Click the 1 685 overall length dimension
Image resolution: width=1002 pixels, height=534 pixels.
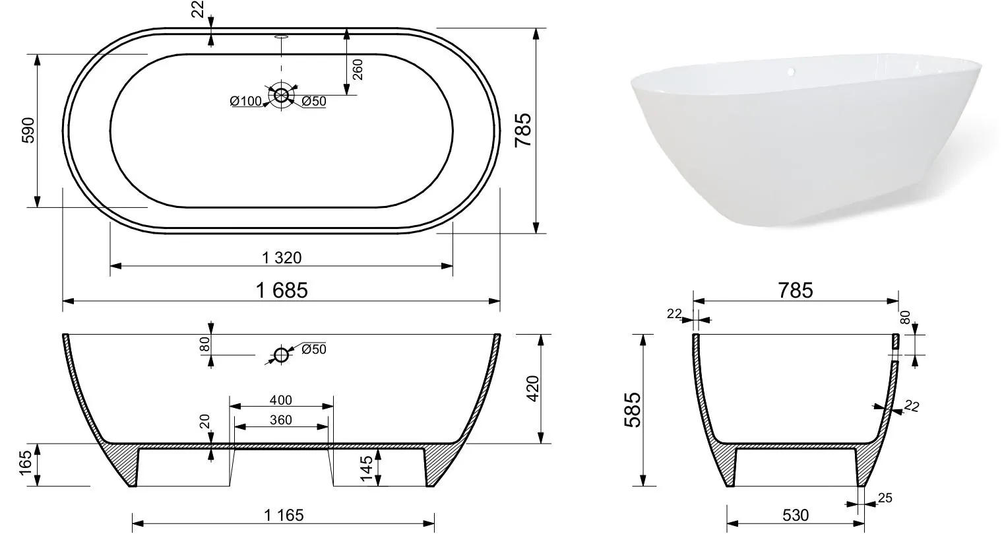282,290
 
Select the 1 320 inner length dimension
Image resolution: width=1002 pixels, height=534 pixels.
282,258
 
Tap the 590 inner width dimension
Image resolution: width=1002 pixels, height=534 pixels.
28,130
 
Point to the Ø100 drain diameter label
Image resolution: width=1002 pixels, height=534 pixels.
245,102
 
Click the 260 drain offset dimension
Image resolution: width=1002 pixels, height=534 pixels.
358,69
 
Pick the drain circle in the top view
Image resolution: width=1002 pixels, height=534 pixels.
282,95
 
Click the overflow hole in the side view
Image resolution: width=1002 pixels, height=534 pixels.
282,355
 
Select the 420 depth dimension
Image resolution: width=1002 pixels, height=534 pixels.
533,389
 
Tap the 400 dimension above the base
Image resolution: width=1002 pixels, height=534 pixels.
281,400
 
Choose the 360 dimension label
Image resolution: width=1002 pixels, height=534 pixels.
281,420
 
